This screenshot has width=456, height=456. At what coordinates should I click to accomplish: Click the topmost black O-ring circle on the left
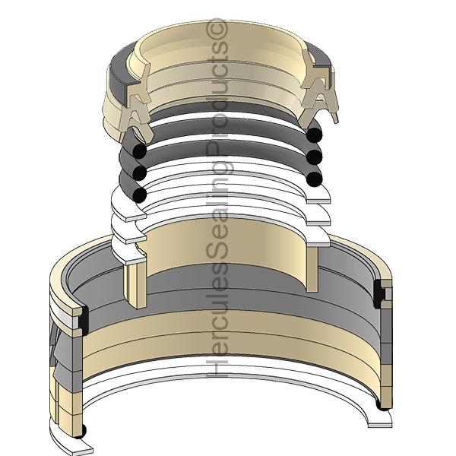[138, 151]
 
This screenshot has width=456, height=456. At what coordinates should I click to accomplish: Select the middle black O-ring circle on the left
[139, 173]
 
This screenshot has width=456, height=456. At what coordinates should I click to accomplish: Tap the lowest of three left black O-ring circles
[139, 195]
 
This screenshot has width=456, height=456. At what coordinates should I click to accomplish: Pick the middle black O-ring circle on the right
[315, 158]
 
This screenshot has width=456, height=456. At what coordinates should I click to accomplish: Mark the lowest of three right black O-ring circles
[314, 179]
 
